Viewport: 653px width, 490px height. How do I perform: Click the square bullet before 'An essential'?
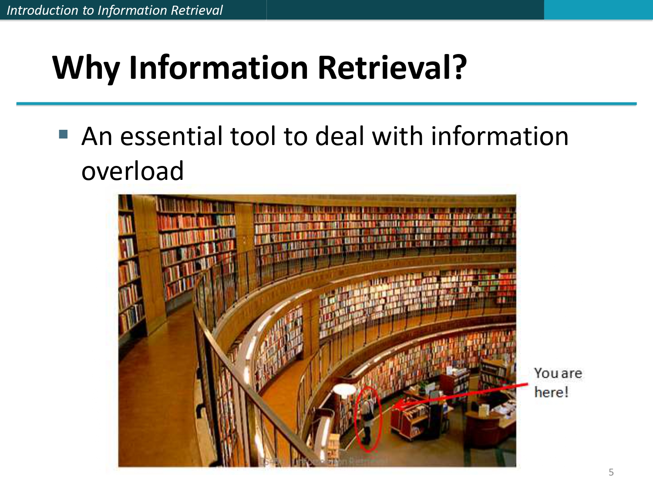[x=64, y=134]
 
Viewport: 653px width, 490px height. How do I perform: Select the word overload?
[x=132, y=171]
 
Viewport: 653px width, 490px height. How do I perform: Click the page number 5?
[x=611, y=472]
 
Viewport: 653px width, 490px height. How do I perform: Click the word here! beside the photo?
[x=551, y=392]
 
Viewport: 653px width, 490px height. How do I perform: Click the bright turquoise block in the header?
[x=598, y=10]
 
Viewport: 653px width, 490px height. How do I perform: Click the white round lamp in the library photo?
[x=345, y=389]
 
